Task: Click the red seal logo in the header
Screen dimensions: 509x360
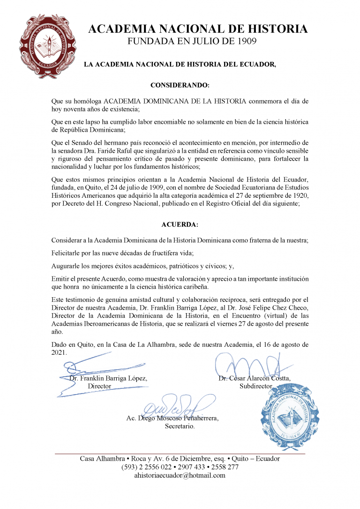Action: tap(44, 47)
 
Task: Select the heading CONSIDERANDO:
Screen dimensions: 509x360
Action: tap(180, 85)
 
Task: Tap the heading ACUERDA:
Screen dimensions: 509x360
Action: tap(180, 225)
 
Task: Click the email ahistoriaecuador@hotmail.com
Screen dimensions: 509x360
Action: tap(180, 475)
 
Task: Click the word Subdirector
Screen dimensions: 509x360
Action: tap(256, 386)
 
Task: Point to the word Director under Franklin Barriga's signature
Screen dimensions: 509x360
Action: tap(99, 386)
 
